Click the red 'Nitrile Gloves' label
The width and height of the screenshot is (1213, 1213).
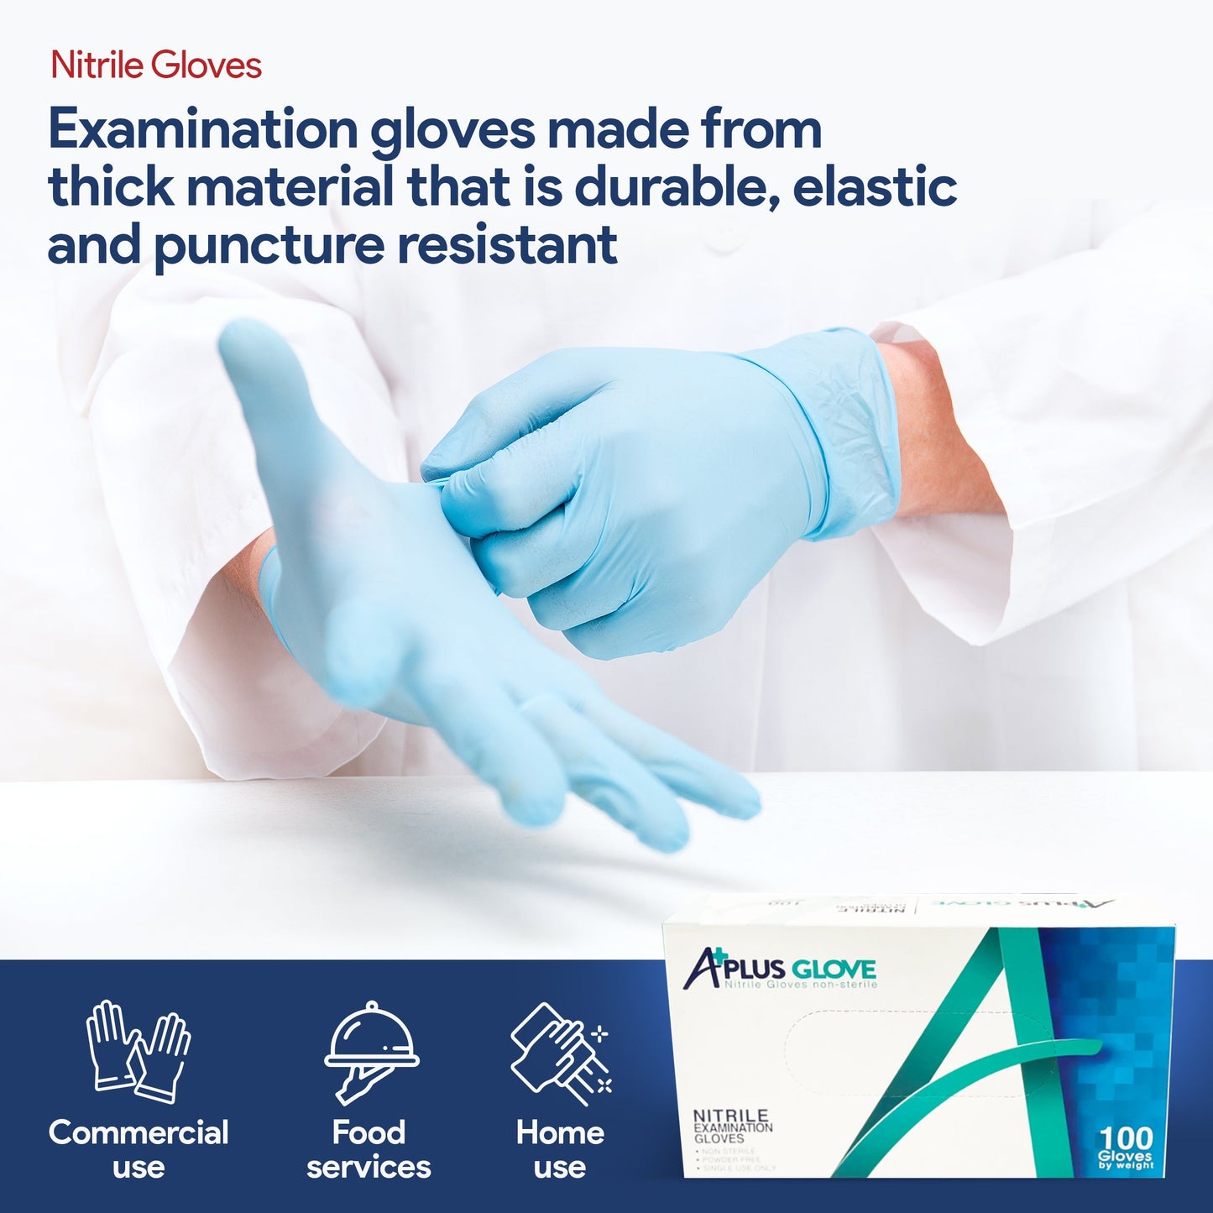point(156,65)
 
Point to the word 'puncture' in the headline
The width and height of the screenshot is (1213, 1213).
point(268,245)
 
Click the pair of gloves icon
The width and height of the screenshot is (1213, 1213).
point(139,1050)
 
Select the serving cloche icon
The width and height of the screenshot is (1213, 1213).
point(370,1050)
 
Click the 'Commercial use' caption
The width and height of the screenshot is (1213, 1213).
point(139,1149)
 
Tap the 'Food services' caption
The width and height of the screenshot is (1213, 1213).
point(369,1149)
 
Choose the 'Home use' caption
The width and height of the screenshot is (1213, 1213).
point(560,1149)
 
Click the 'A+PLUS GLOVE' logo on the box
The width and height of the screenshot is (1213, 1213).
point(781,970)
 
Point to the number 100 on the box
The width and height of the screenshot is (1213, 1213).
point(1126,1139)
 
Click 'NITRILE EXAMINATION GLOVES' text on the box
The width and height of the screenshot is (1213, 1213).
point(732,1126)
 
